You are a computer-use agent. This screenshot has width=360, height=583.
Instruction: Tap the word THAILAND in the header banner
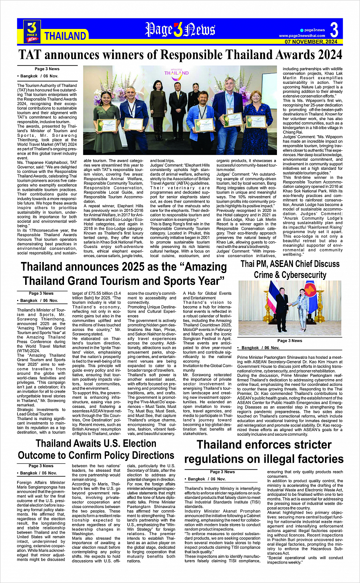(x=65, y=36)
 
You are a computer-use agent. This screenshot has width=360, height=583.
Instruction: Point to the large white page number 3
(x=334, y=30)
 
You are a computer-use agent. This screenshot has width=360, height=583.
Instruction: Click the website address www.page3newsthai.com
(x=302, y=36)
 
